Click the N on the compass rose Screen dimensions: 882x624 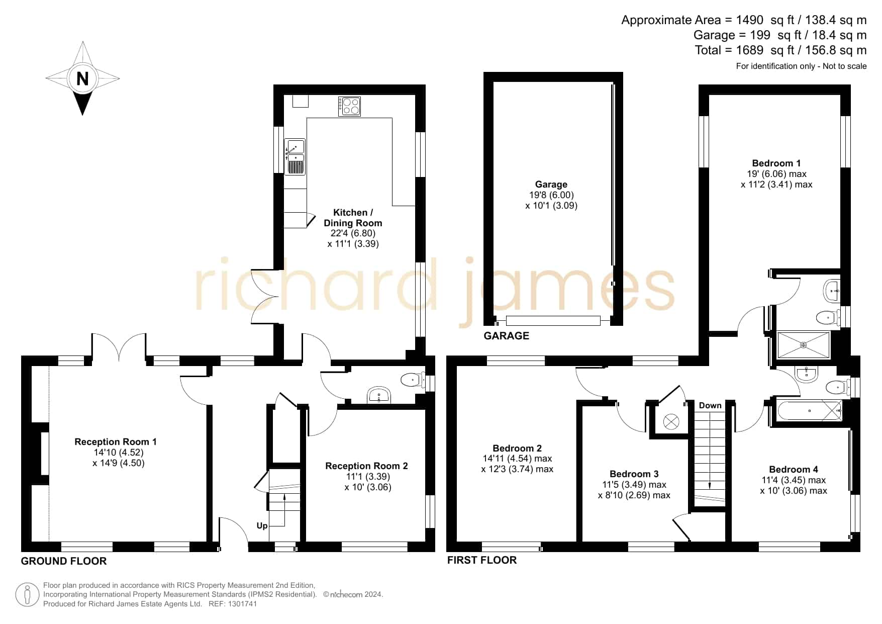[x=82, y=78]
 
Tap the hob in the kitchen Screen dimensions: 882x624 [x=349, y=106]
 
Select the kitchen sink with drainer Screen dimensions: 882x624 [x=295, y=156]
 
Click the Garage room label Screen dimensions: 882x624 [x=551, y=185]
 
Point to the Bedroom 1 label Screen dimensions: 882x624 [x=776, y=163]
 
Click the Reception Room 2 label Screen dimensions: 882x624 [x=366, y=466]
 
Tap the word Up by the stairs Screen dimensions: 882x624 [x=262, y=525]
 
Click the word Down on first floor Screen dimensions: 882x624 [x=710, y=405]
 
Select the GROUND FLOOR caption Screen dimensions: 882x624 [x=64, y=561]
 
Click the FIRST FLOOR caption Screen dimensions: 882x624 [x=482, y=560]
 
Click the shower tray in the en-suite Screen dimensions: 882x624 [x=803, y=345]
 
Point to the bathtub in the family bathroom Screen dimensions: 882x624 [x=810, y=411]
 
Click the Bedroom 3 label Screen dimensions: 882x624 [x=634, y=474]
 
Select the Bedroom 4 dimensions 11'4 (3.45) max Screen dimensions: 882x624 [x=794, y=480]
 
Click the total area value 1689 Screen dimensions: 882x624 [x=749, y=50]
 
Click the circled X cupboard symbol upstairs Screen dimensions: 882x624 [x=671, y=421]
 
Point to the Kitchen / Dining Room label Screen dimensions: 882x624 [x=353, y=218]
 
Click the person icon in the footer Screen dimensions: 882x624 [x=27, y=595]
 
